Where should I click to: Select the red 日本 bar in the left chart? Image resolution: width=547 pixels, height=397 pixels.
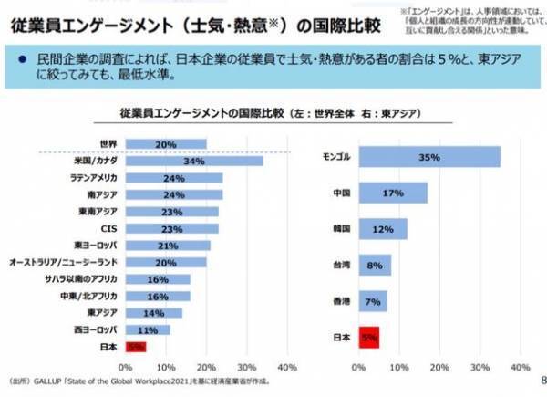(134, 347)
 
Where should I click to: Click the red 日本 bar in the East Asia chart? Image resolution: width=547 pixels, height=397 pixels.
(368, 338)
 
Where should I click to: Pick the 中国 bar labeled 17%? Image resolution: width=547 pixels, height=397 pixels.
(393, 193)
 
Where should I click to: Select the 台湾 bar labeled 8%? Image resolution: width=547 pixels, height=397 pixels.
(375, 266)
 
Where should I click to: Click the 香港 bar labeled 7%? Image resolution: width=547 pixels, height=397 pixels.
(373, 301)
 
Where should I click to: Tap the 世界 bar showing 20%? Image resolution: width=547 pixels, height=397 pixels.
(165, 144)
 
